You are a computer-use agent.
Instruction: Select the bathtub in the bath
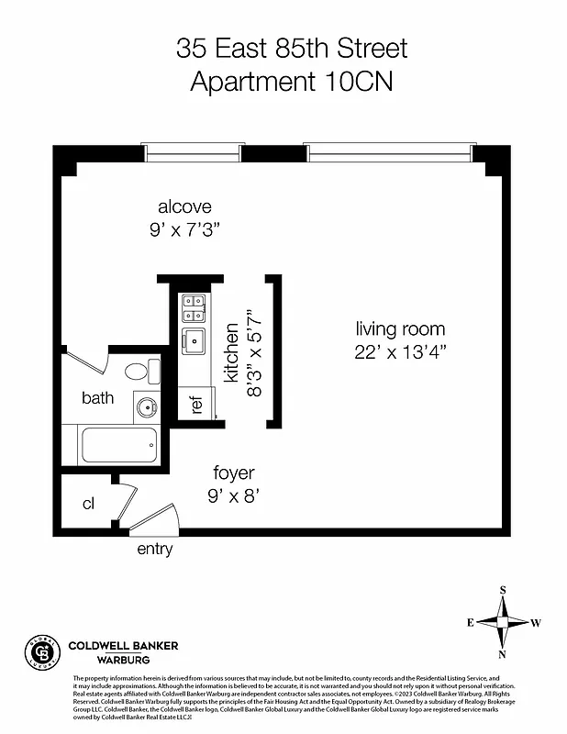[119, 445]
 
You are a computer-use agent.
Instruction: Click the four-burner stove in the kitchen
[194, 307]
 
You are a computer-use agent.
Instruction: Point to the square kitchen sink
[194, 341]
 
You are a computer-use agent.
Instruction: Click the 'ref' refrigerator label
[195, 404]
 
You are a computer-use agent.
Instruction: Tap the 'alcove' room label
[183, 206]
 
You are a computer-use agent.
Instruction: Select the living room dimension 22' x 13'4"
[401, 353]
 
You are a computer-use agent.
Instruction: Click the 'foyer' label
[234, 473]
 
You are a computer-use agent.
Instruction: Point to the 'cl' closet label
[89, 504]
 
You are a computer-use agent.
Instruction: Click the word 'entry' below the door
[154, 550]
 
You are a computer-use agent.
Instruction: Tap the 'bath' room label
[97, 397]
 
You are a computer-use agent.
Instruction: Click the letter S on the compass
[503, 590]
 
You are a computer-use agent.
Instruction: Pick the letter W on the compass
[536, 622]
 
